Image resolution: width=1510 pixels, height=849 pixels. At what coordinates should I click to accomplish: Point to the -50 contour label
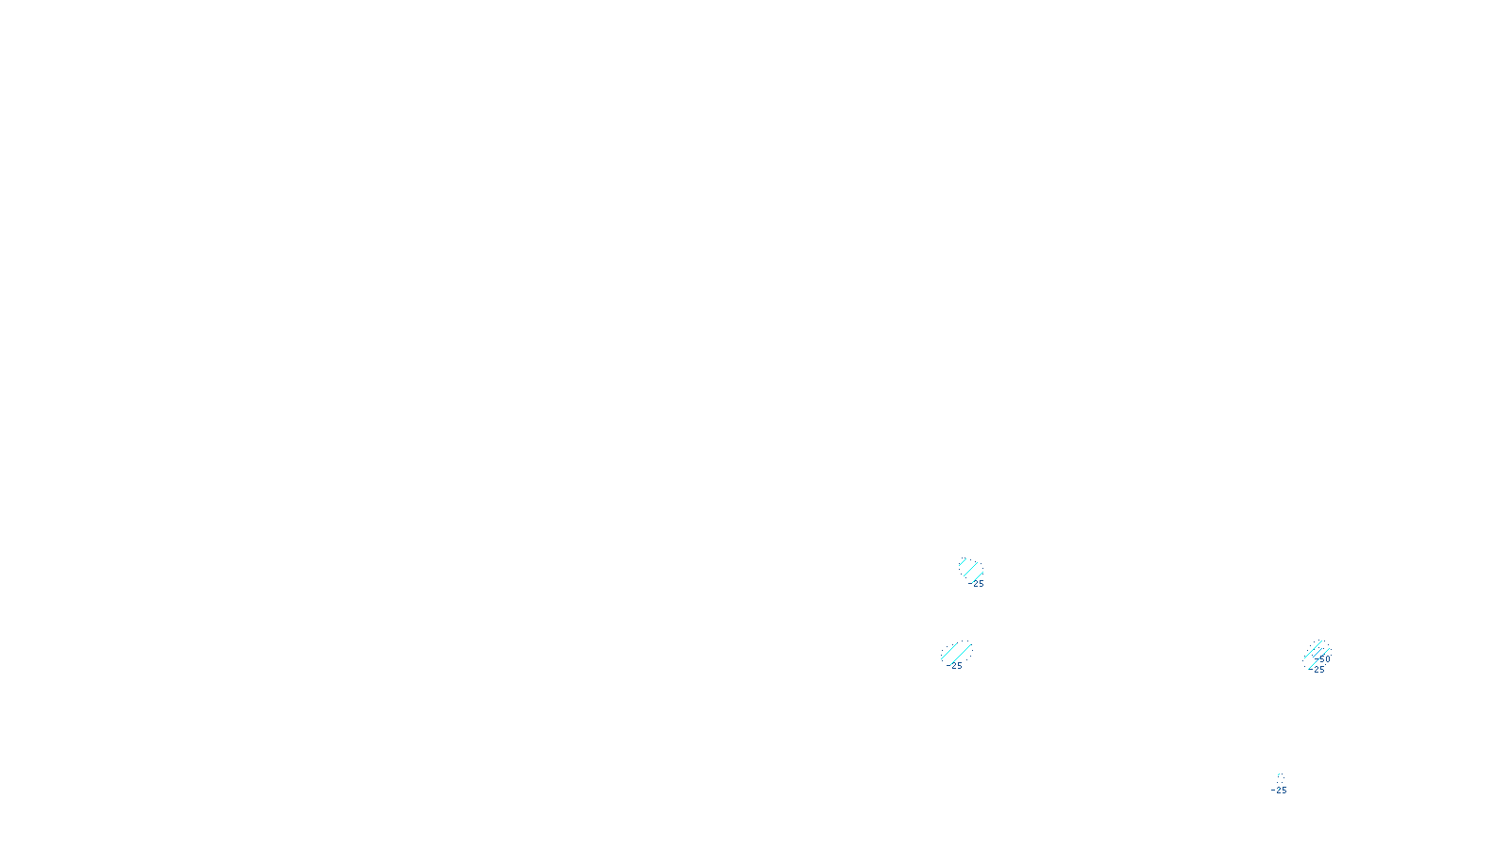(x=1324, y=659)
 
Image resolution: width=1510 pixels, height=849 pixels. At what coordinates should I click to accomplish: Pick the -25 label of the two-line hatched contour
(x=956, y=666)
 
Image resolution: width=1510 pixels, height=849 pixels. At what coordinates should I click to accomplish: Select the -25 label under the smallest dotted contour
(x=1279, y=791)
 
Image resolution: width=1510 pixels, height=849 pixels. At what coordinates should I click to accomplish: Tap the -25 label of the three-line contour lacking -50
(x=976, y=584)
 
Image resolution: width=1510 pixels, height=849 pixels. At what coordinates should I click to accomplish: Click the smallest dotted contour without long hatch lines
(x=1281, y=777)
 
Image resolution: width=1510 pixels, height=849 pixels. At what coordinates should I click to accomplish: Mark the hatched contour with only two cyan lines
(x=955, y=653)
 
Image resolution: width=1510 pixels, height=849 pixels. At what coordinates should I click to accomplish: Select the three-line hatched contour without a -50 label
(x=970, y=570)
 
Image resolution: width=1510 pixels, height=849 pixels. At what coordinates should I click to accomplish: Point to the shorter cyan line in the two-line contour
(x=948, y=651)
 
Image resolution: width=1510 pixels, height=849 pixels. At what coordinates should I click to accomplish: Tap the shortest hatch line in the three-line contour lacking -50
(x=963, y=562)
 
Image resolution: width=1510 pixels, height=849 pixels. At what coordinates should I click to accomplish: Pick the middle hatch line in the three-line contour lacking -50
(x=969, y=569)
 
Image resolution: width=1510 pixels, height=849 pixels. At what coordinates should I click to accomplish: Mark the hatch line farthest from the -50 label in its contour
(x=1313, y=648)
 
